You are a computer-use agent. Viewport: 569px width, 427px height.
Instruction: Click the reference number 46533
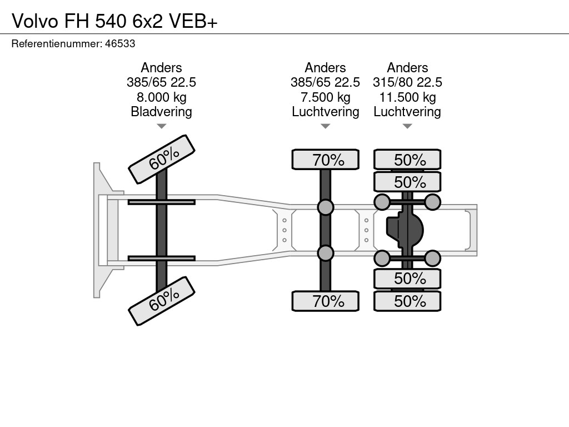pyautogui.click(x=120, y=43)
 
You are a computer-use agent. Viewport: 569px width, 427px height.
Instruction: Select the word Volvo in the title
pyautogui.click(x=35, y=21)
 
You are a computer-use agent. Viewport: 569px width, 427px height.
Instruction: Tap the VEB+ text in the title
pyautogui.click(x=193, y=21)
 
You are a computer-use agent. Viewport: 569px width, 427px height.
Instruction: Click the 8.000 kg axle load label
pyautogui.click(x=162, y=97)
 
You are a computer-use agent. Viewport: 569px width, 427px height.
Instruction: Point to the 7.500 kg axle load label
pyautogui.click(x=326, y=97)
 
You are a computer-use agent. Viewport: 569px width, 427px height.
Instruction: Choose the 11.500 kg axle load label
pyautogui.click(x=407, y=97)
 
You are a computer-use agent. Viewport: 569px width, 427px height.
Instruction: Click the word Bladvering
pyautogui.click(x=162, y=112)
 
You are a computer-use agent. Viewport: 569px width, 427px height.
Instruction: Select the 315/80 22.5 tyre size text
pyautogui.click(x=407, y=82)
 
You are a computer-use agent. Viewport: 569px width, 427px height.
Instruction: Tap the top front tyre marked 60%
pyautogui.click(x=162, y=160)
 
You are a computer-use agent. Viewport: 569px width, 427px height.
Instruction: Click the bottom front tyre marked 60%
pyautogui.click(x=162, y=301)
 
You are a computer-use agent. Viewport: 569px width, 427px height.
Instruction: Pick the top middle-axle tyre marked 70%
pyautogui.click(x=326, y=160)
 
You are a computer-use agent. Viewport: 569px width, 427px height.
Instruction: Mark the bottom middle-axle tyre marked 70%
pyautogui.click(x=326, y=301)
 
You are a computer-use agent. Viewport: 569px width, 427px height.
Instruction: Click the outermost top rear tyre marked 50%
pyautogui.click(x=407, y=160)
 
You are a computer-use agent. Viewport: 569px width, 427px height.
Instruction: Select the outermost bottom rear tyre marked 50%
pyautogui.click(x=407, y=301)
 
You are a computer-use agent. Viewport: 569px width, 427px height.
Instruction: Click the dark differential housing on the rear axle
pyautogui.click(x=405, y=230)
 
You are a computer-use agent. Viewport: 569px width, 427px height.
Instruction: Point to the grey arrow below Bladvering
pyautogui.click(x=162, y=126)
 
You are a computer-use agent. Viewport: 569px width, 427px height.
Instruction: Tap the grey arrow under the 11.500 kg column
pyautogui.click(x=407, y=126)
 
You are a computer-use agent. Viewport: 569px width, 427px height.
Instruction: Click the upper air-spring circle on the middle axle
pyautogui.click(x=326, y=207)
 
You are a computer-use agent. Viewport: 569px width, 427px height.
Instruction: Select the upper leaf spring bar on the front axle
pyautogui.click(x=162, y=202)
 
